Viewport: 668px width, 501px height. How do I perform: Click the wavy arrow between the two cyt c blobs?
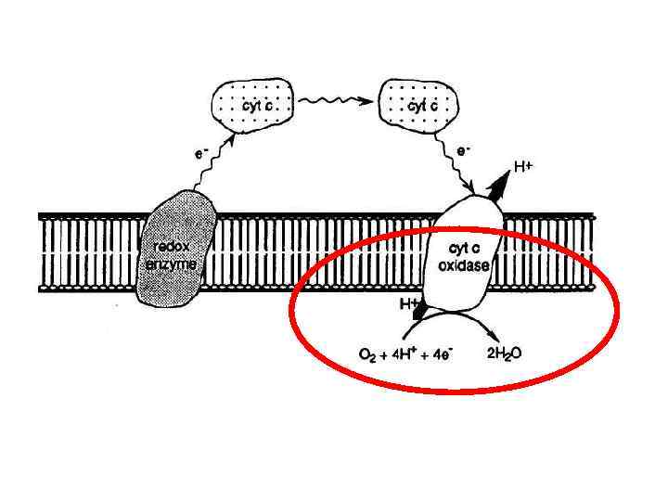[x=336, y=104]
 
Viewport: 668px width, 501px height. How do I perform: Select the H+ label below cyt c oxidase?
[x=408, y=304]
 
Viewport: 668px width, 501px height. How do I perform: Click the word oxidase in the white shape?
[x=464, y=263]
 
